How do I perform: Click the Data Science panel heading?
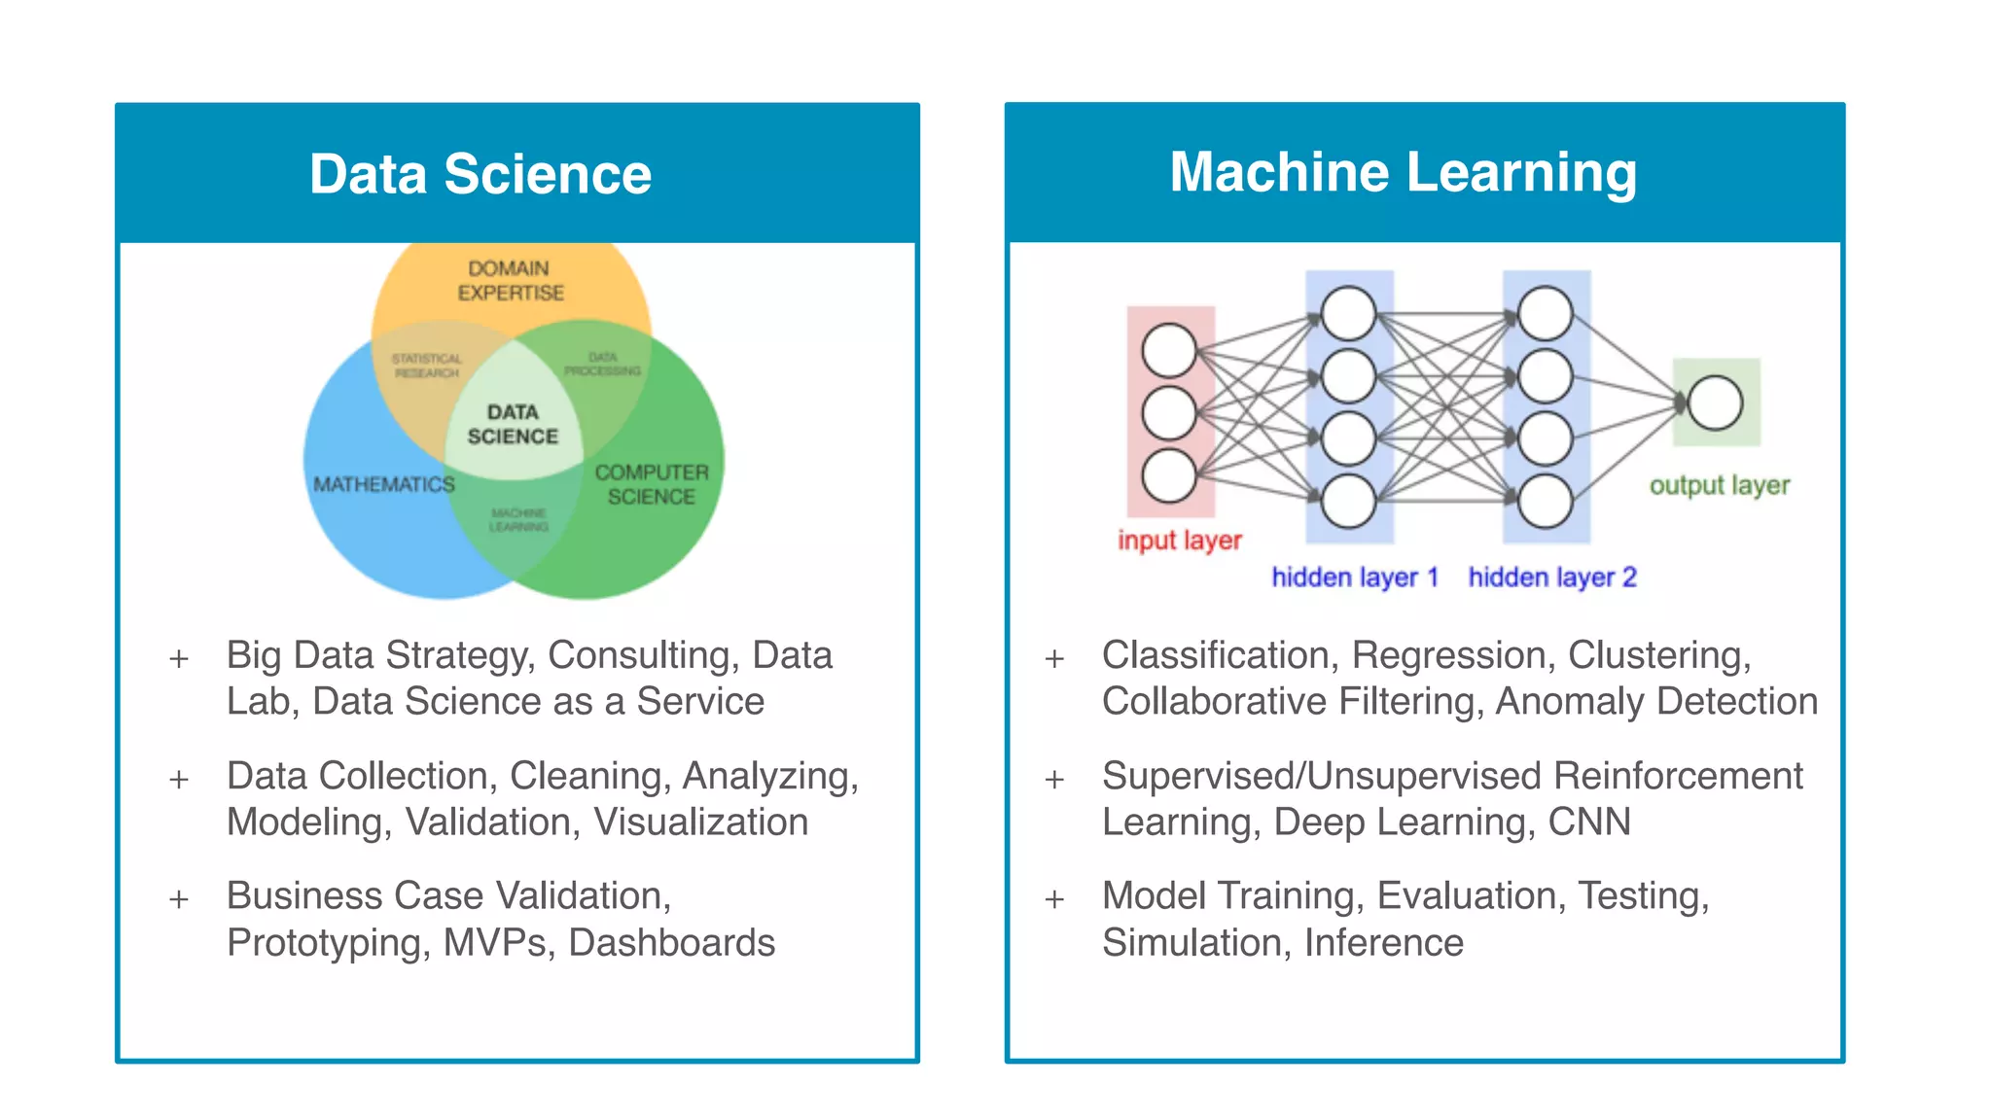pos(480,174)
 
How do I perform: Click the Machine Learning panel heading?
pos(1403,172)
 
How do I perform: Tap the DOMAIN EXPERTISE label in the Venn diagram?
pos(510,280)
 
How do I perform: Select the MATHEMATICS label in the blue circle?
pos(383,484)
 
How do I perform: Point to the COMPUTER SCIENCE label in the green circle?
pos(651,484)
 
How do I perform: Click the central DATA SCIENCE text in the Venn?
pos(513,425)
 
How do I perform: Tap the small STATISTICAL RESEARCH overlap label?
pos(426,366)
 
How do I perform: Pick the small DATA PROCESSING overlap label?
pos(602,365)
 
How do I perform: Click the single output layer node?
pos(1715,402)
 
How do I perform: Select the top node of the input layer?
pos(1169,350)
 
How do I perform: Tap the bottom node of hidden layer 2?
pos(1545,502)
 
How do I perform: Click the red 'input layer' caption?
pos(1179,540)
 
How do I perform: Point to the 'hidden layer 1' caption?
pos(1354,577)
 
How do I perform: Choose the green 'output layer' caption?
pos(1719,485)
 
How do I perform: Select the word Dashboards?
pos(671,943)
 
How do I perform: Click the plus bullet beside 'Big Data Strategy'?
pos(179,658)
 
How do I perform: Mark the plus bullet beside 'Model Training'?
pos(1054,898)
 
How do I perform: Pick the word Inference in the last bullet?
pos(1383,943)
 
